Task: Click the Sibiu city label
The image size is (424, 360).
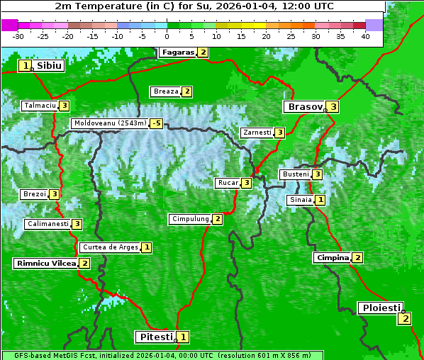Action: point(49,66)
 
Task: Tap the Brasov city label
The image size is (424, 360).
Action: point(304,107)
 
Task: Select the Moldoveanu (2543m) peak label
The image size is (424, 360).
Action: point(110,123)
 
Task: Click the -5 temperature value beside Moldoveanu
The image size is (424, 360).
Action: point(156,123)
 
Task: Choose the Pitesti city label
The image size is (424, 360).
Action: point(155,337)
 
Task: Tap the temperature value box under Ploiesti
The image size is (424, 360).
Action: point(404,318)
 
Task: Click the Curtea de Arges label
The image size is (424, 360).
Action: point(109,247)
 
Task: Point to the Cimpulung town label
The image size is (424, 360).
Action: point(189,219)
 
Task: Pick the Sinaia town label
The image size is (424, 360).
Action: point(300,200)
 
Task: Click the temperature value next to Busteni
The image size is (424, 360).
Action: point(318,174)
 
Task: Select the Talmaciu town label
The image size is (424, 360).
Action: point(40,106)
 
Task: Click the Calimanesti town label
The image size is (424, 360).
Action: point(48,224)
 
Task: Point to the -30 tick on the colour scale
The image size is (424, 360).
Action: point(18,35)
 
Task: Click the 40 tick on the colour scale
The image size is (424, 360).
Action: point(365,35)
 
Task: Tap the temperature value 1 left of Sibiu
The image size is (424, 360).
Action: point(26,66)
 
